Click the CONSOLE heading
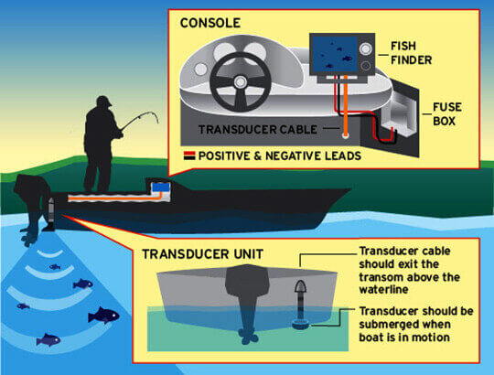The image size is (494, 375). click(210, 23)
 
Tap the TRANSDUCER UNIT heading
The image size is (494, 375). click(202, 254)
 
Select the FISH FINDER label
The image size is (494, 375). click(411, 53)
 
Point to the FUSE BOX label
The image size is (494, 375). click(447, 114)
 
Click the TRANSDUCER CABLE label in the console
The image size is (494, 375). click(258, 129)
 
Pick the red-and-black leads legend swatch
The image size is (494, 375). click(189, 155)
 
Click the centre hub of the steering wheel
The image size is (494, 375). click(240, 81)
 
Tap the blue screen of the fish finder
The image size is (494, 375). click(335, 54)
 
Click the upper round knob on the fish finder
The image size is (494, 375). click(365, 48)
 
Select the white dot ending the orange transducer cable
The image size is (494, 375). click(346, 135)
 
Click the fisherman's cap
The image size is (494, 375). click(104, 101)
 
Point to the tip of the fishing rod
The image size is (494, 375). click(157, 123)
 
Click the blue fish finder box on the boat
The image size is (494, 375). click(161, 187)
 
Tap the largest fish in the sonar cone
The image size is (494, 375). click(103, 316)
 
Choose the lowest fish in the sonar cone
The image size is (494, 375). click(48, 340)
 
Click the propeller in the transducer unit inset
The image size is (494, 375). click(249, 337)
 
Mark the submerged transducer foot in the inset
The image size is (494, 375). click(301, 324)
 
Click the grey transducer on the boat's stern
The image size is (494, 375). click(51, 211)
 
